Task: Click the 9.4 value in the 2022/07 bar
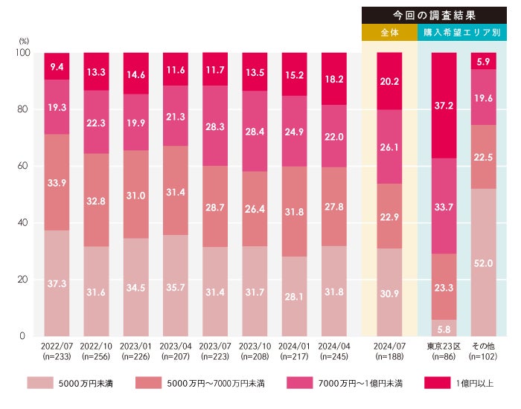[x=57, y=67]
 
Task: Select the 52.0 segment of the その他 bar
[x=482, y=263]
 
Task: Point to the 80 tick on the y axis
[x=22, y=109]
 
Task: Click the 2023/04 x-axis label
[x=176, y=347]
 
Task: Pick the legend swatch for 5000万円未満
[x=44, y=383]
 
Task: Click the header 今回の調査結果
[x=440, y=15]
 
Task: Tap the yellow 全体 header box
[x=389, y=33]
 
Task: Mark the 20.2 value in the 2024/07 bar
[x=389, y=82]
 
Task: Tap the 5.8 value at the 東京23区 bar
[x=443, y=328]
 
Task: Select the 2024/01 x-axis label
[x=295, y=347]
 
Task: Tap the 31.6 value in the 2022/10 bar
[x=96, y=292]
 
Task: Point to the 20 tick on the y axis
[x=22, y=280]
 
